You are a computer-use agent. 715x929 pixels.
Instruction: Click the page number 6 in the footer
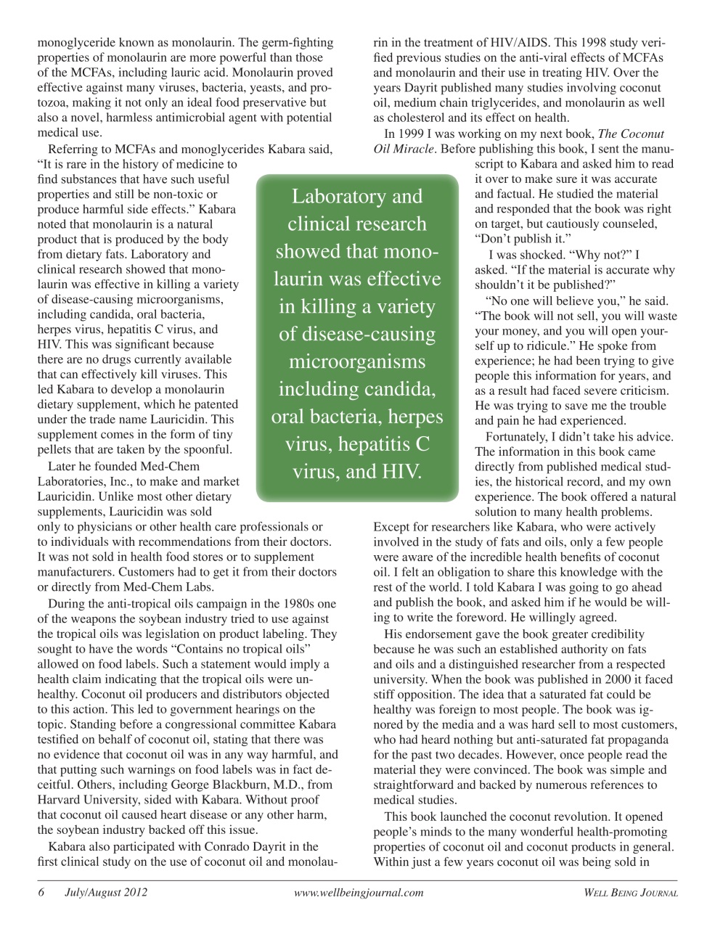click(x=42, y=893)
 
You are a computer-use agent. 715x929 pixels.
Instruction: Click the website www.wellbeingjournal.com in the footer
click(x=359, y=893)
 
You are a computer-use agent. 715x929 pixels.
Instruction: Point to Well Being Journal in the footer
click(x=631, y=893)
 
